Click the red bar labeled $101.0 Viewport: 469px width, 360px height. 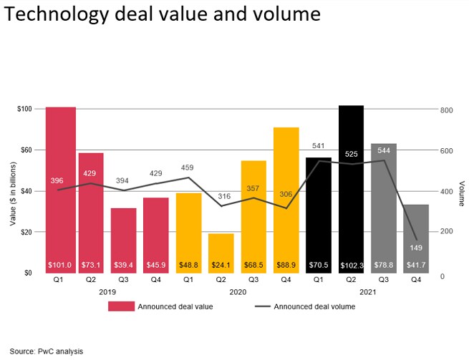61,190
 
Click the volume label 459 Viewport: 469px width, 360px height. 187,168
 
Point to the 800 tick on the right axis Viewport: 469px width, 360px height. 446,110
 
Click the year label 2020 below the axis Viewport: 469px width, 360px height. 238,292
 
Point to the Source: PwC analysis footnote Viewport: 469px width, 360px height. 46,351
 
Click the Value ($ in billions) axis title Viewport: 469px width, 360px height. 12,191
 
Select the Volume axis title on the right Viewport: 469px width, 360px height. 461,192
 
